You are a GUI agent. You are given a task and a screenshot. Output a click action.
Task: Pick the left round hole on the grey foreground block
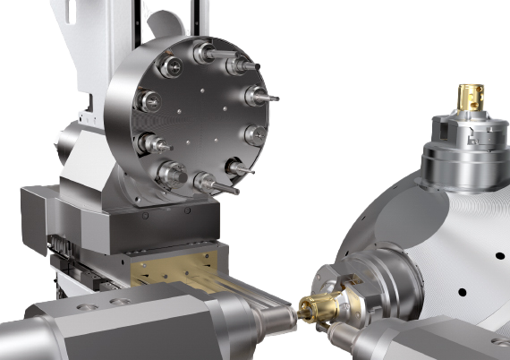point(87,307)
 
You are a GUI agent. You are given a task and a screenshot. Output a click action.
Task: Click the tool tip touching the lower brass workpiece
point(292,313)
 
